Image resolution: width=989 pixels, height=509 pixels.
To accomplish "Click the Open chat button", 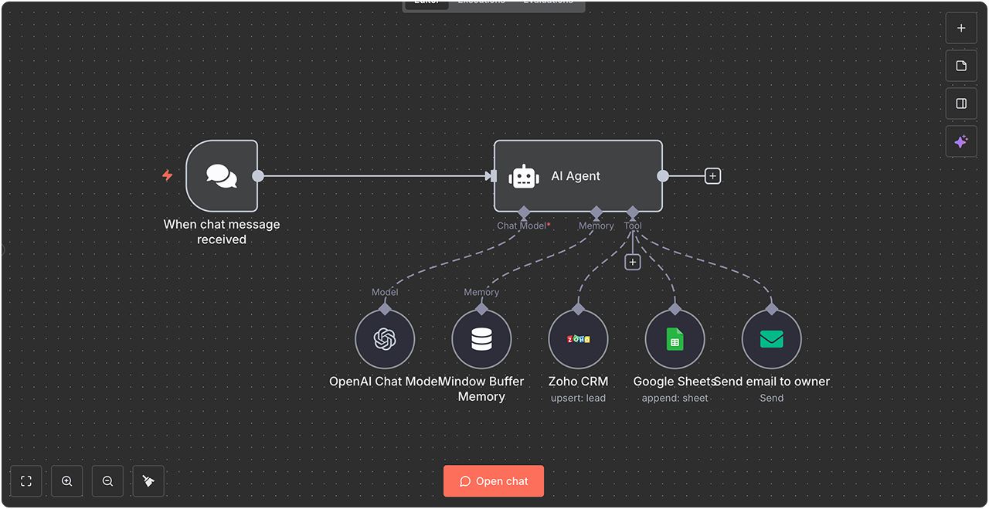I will [494, 481].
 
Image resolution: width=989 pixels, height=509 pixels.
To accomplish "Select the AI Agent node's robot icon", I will [524, 177].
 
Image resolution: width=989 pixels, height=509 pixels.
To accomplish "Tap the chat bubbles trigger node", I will [222, 176].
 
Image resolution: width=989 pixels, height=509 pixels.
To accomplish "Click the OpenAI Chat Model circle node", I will [385, 339].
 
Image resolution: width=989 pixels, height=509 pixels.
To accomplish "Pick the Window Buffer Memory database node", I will [481, 339].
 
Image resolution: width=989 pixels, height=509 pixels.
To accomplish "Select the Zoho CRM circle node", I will [578, 339].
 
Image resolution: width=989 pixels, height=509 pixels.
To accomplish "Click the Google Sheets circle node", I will [675, 339].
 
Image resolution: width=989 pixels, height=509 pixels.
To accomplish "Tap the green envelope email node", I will [771, 339].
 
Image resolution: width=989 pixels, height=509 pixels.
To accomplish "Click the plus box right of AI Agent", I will [712, 176].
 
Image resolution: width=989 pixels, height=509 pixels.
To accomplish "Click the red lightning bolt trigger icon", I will [167, 175].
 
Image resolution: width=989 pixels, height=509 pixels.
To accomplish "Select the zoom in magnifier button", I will [67, 481].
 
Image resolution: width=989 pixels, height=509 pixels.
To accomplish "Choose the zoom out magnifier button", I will [107, 481].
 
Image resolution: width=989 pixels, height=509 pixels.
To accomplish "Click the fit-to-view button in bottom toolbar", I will [26, 481].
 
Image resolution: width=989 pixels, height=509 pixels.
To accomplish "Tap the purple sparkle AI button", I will [961, 142].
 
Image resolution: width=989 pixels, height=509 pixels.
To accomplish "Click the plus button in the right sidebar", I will [961, 28].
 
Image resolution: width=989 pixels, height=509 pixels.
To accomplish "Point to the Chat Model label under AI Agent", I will [522, 226].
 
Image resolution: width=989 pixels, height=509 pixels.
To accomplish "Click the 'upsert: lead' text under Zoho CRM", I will [578, 398].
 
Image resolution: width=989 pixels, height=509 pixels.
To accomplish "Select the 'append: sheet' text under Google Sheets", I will [675, 398].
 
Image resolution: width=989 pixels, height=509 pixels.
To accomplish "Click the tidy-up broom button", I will [148, 481].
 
